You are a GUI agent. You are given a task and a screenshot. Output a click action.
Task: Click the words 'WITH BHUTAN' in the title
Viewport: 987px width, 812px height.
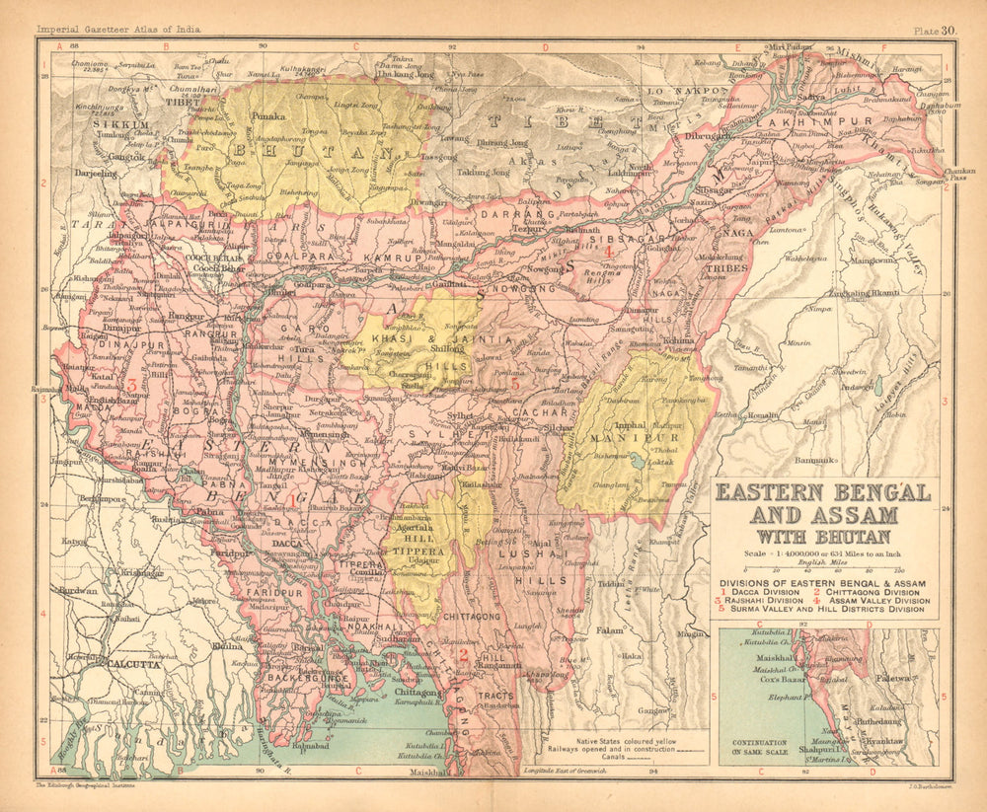825,537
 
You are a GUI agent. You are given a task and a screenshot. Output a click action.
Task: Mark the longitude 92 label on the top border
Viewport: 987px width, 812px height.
452,45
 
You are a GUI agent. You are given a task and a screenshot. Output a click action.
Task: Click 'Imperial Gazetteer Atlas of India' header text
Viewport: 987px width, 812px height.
118,31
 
